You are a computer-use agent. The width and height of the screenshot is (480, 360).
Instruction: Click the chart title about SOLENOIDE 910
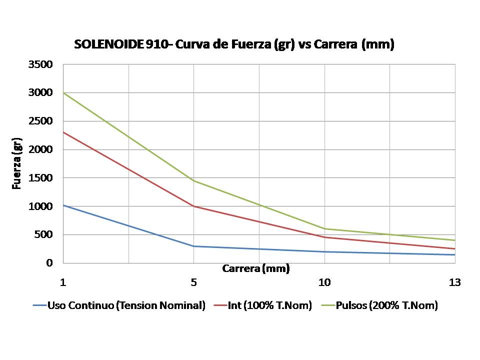(234, 44)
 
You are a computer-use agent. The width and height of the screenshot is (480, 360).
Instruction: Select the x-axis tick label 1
(63, 282)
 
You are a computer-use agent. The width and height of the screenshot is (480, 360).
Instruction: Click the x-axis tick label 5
(194, 282)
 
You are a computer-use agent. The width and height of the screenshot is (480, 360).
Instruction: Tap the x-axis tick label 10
(324, 282)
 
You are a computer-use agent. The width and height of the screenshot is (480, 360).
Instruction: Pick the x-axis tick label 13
(454, 282)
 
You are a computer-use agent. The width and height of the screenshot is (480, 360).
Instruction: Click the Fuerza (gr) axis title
(17, 164)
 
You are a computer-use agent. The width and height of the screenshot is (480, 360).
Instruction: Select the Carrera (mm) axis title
(256, 269)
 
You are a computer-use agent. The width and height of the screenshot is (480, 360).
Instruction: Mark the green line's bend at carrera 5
(194, 180)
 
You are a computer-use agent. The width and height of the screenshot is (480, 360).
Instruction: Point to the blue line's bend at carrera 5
(194, 246)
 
